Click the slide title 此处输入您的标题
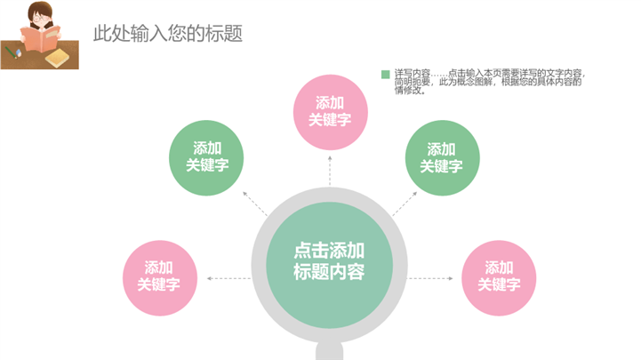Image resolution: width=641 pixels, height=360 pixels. (168, 33)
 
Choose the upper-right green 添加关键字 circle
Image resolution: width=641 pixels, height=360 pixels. (441, 157)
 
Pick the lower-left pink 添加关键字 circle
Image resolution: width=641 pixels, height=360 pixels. (159, 276)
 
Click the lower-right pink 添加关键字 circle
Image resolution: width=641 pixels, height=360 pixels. (499, 276)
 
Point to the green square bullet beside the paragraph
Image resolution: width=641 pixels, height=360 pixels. (385, 75)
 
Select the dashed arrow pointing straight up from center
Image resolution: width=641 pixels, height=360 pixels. (329, 171)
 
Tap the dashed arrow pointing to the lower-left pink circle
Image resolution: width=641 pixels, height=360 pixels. (228, 278)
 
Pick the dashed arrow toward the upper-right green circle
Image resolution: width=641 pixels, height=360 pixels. (401, 204)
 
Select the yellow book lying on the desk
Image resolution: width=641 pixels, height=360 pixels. (58, 58)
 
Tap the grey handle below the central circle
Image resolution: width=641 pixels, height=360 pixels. (329, 353)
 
